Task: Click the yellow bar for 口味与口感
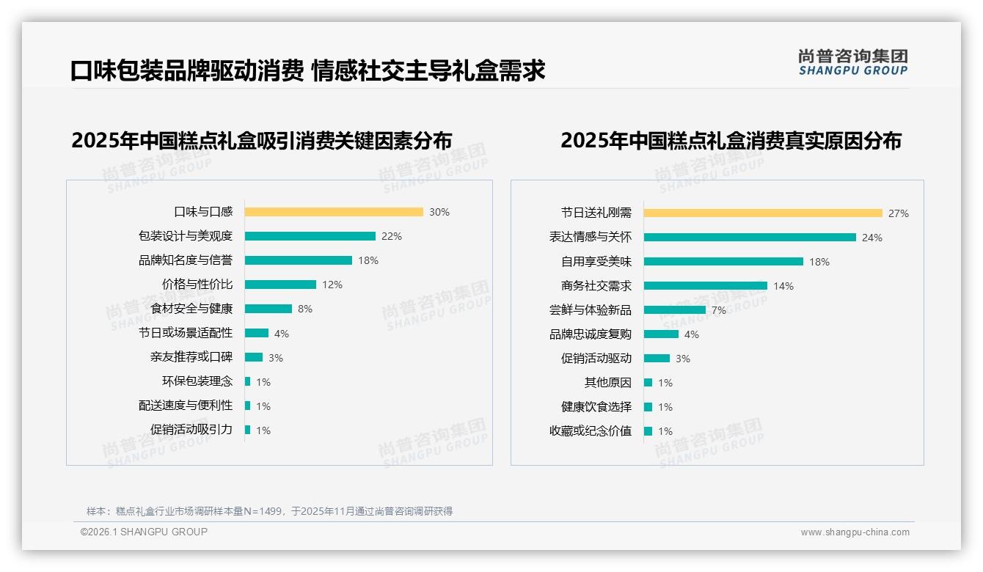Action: pos(334,212)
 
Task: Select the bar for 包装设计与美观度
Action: pos(310,236)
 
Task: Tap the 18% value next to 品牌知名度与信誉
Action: pos(368,260)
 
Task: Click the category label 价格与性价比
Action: pos(197,285)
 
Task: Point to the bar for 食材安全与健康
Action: pos(268,309)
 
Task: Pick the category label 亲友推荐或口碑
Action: pos(191,357)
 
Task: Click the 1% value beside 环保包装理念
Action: pos(263,381)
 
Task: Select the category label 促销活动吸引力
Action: pos(191,430)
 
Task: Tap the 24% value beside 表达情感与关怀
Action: pos(872,238)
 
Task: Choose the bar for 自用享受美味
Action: pos(723,262)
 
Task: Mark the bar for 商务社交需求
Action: pos(706,286)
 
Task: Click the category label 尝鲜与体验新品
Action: pos(590,310)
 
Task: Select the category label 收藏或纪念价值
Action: pos(590,431)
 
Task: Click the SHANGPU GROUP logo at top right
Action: pos(852,62)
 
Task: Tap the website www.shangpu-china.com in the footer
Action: pos(855,532)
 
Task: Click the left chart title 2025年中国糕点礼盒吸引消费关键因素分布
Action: pos(261,140)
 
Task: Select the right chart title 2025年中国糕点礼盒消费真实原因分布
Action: pos(731,140)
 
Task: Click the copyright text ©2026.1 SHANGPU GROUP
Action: pos(144,532)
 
